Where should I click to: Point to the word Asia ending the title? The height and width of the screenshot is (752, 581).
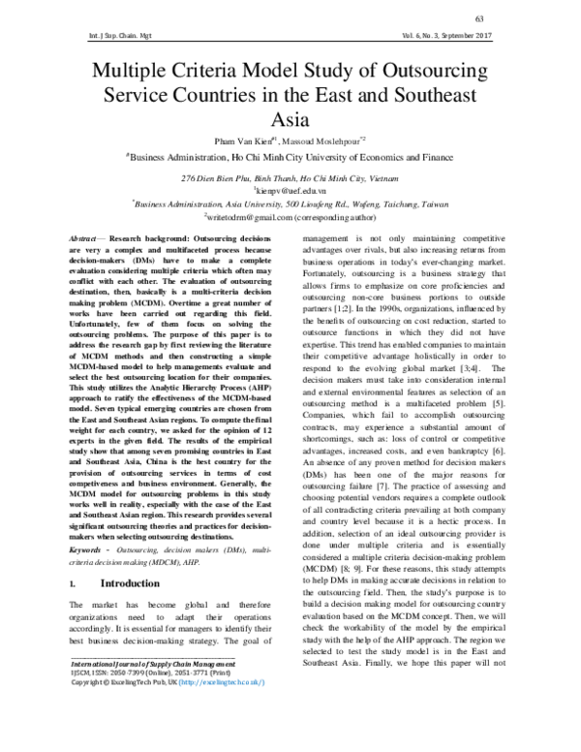tap(290, 120)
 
